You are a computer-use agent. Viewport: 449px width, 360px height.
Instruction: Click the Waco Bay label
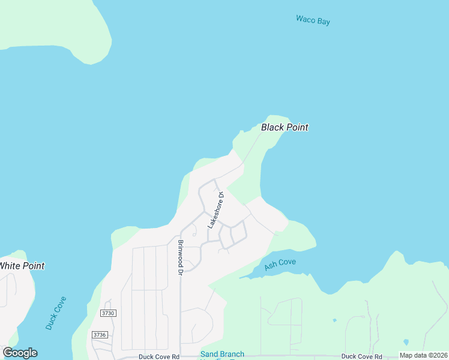tap(313, 20)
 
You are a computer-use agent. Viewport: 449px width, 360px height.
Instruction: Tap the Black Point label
tap(285, 127)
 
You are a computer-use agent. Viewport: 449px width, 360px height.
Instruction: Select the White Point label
tap(22, 266)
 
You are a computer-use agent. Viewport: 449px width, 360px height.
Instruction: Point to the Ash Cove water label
tap(280, 264)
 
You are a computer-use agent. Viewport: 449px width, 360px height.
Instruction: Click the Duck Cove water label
tap(56, 313)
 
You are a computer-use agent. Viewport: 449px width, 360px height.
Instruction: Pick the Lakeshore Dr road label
tap(215, 210)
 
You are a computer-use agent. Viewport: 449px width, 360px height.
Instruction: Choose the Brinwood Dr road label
tap(180, 257)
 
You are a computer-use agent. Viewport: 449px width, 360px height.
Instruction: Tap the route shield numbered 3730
tap(108, 313)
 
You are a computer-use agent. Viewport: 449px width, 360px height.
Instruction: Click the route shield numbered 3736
tap(100, 334)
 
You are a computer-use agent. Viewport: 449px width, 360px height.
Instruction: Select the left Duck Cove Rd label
tap(158, 356)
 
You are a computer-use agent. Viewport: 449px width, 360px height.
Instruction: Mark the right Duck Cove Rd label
tap(361, 356)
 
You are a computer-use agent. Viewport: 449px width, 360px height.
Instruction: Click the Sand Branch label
tap(222, 354)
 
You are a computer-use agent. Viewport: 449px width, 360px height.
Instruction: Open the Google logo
tap(20, 353)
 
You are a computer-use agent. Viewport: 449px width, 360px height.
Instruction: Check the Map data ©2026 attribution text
tap(423, 355)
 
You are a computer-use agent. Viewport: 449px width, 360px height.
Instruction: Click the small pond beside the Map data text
tap(406, 343)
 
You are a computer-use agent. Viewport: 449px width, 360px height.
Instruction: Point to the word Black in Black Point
tap(273, 127)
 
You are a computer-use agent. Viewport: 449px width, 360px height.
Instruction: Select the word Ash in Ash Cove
tap(270, 267)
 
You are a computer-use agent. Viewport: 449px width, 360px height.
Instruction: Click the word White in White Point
tap(11, 266)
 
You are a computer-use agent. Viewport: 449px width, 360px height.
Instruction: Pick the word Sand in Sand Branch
tap(210, 354)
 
